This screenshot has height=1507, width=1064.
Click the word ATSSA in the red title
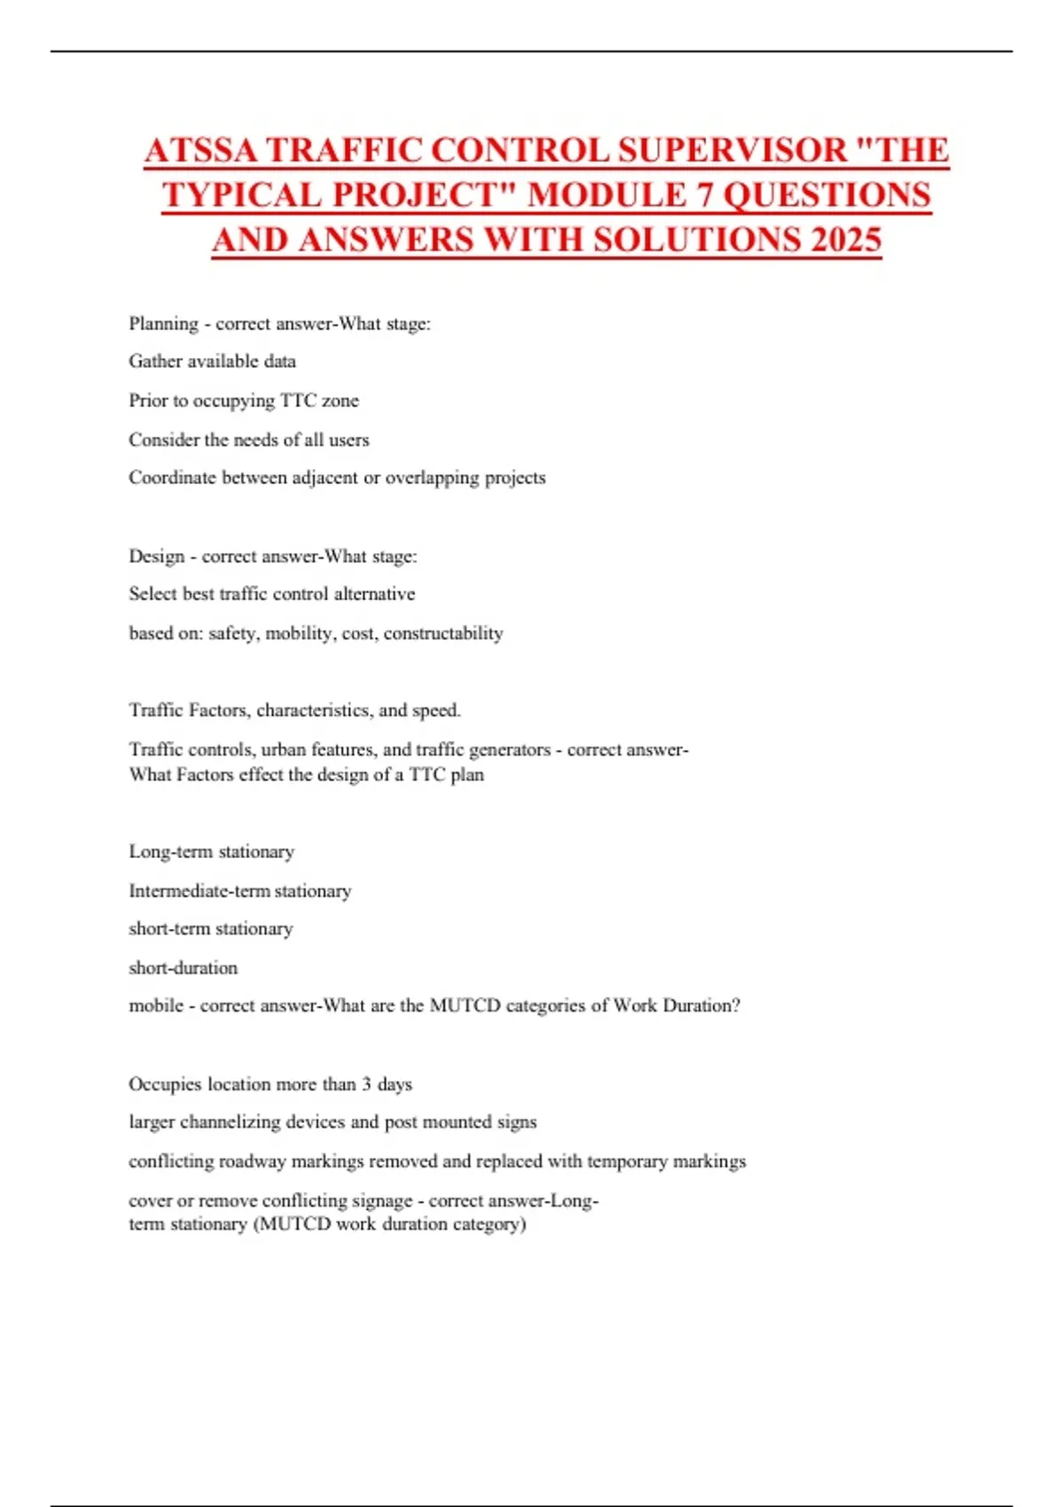click(x=201, y=151)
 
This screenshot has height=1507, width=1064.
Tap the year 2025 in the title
click(x=846, y=240)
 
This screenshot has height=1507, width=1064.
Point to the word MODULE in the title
click(x=607, y=196)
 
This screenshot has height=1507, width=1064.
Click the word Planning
click(x=164, y=324)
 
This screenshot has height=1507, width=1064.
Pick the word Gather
click(x=155, y=362)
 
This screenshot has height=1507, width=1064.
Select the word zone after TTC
click(x=340, y=401)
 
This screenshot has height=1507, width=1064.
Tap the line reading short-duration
click(x=184, y=968)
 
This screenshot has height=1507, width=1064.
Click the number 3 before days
click(x=366, y=1084)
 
